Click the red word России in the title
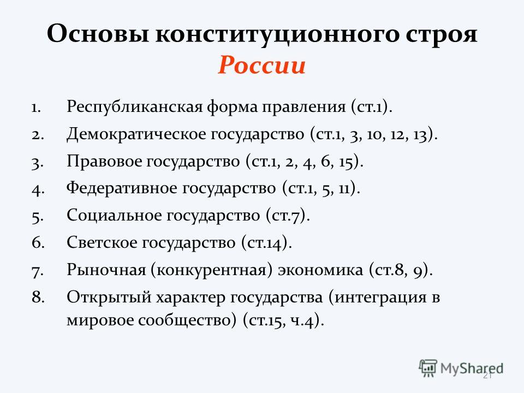pyautogui.click(x=261, y=65)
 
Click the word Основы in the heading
pyautogui.click(x=98, y=33)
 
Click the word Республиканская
pyautogui.click(x=135, y=107)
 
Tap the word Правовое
pyautogui.click(x=104, y=162)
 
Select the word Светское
pyautogui.click(x=102, y=242)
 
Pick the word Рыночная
pyautogui.click(x=106, y=270)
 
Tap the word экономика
pyautogui.click(x=320, y=270)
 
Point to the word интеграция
pyautogui.click(x=380, y=297)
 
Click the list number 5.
pyautogui.click(x=38, y=216)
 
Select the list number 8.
pyautogui.click(x=38, y=297)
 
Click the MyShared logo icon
pyautogui.click(x=428, y=368)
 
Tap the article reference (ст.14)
pyautogui.click(x=267, y=242)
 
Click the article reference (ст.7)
pyautogui.click(x=288, y=216)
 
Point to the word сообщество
pyautogui.click(x=185, y=320)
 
